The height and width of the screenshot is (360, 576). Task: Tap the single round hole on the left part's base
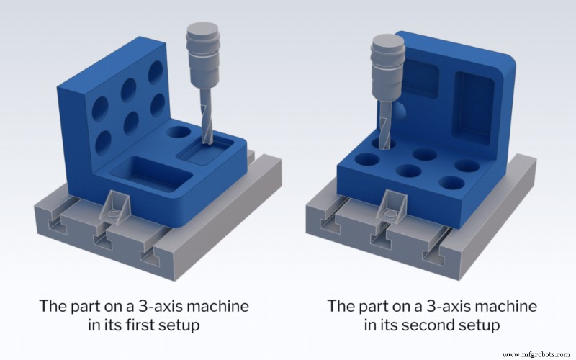click(176, 132)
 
